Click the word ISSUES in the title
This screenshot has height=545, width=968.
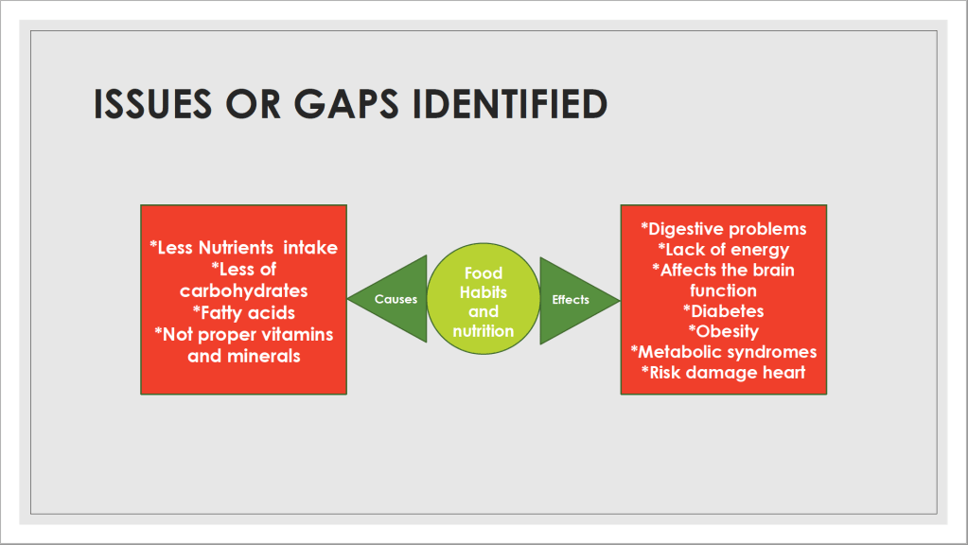[x=152, y=103]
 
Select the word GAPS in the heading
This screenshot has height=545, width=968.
[x=345, y=103]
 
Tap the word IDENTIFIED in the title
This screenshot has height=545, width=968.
[x=510, y=103]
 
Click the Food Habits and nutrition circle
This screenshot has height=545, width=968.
[x=484, y=299]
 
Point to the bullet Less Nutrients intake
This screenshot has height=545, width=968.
[x=243, y=248]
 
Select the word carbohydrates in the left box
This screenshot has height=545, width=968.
[x=244, y=290]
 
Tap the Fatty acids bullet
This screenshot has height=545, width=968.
[x=244, y=313]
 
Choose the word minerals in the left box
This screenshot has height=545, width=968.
[x=264, y=356]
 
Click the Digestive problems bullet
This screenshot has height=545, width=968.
[x=724, y=229]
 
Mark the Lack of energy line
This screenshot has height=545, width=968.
[x=724, y=250]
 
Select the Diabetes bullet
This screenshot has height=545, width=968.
[x=724, y=311]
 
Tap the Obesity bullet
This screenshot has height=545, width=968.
[x=724, y=331]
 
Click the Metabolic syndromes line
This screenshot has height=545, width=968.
[x=724, y=352]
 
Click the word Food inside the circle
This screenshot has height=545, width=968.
[x=484, y=272]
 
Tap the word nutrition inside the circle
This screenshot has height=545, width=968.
[x=484, y=331]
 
